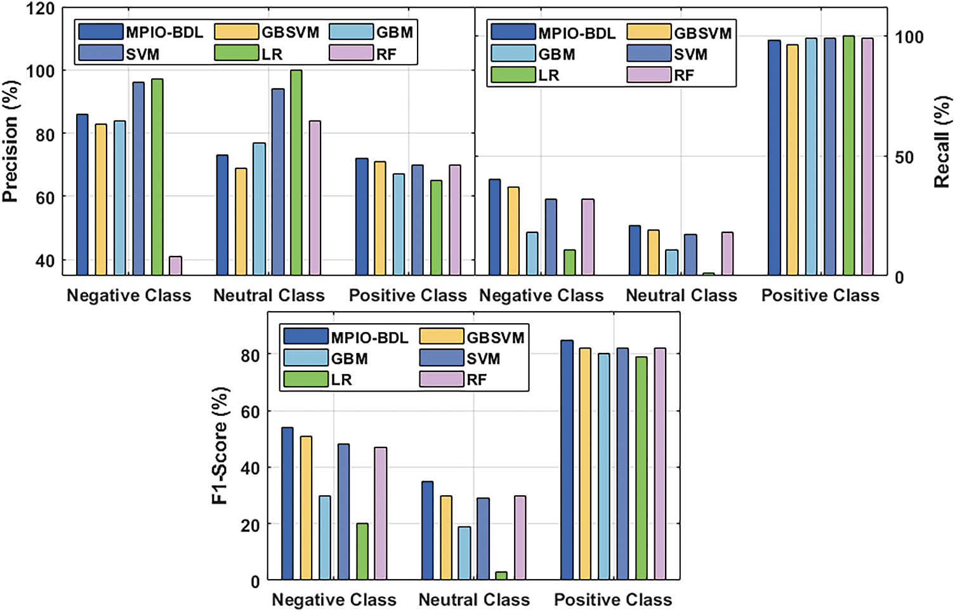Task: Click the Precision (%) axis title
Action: click(10, 142)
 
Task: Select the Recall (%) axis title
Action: click(942, 142)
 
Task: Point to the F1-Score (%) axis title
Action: click(220, 446)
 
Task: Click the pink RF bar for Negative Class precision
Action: click(175, 265)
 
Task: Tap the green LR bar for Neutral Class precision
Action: click(296, 172)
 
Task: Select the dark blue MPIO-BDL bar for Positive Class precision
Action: click(362, 216)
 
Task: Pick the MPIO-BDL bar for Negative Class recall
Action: click(494, 227)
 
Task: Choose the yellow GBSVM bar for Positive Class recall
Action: click(793, 159)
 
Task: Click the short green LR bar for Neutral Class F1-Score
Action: click(501, 576)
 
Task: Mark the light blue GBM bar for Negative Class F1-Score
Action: click(325, 538)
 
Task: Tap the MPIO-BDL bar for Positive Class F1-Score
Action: click(567, 460)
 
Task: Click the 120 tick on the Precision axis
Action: click(41, 10)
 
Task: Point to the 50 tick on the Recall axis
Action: click(904, 157)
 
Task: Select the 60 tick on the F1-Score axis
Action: click(250, 411)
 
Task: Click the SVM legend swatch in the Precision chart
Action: click(100, 53)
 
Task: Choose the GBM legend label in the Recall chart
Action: click(557, 55)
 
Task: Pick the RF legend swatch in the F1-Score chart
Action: click(442, 379)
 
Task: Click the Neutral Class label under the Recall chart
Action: click(681, 295)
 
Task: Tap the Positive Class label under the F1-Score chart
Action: click(613, 599)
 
